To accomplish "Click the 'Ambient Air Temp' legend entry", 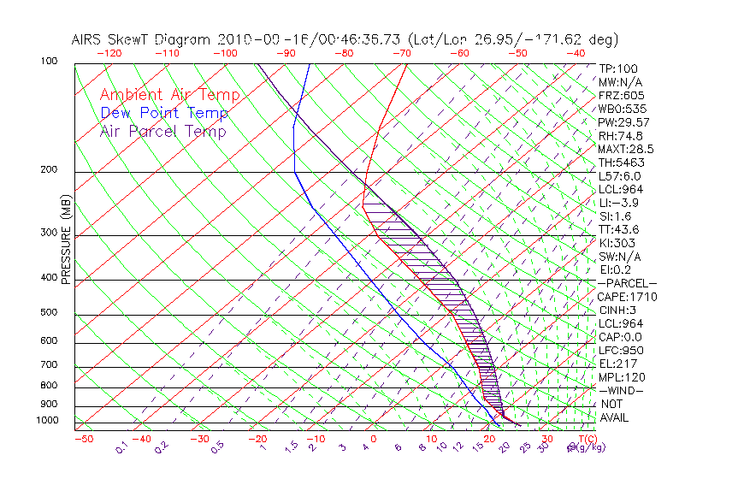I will (169, 95).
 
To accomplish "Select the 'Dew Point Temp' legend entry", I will (164, 113).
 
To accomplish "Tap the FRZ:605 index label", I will (622, 95).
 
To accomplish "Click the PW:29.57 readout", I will (625, 122).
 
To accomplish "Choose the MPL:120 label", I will (622, 377).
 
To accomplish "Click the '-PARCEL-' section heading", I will (627, 283).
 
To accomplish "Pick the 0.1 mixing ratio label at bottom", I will (121, 446).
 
